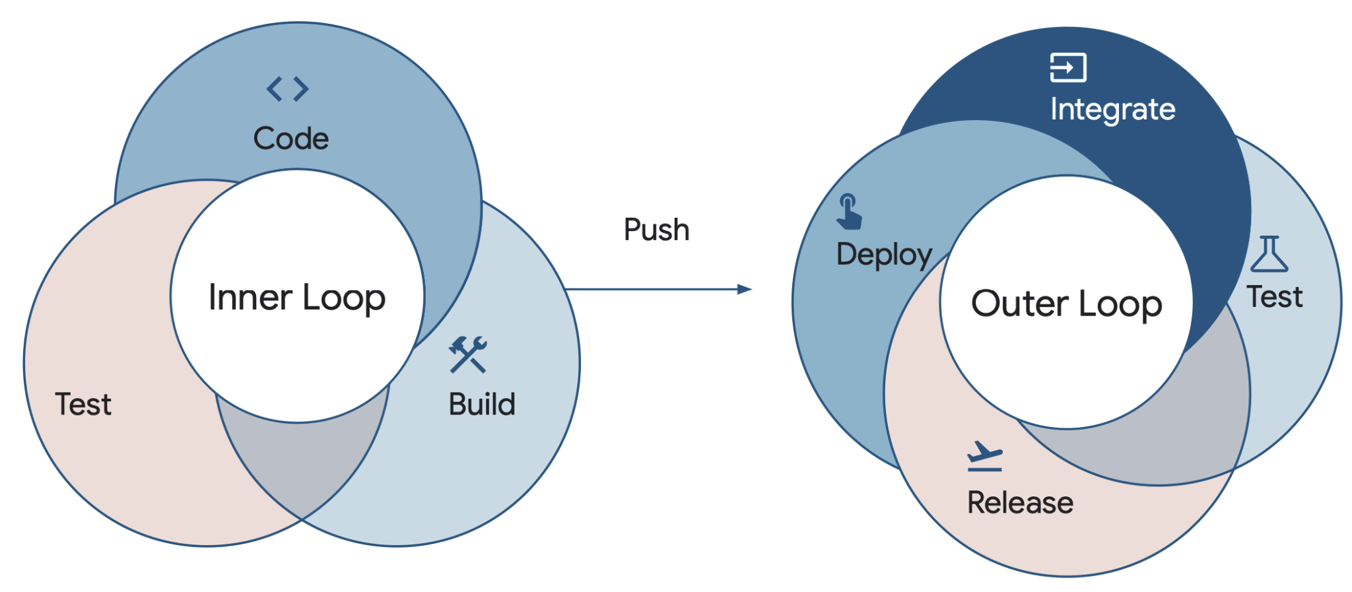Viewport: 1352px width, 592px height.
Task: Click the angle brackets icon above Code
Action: (287, 89)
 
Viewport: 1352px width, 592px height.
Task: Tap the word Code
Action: (290, 139)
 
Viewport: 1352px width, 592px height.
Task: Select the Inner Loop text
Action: (297, 298)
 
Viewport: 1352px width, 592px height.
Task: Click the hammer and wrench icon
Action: (467, 354)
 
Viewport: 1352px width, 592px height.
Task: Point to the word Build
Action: (482, 405)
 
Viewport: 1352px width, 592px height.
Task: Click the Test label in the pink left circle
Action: (83, 405)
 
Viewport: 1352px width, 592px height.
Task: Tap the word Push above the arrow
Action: (656, 230)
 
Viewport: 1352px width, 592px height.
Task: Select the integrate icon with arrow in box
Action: (1067, 67)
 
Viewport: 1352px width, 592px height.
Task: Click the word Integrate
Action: (1112, 110)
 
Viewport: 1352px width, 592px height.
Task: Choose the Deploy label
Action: (884, 255)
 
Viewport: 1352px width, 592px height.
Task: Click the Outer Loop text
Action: (1066, 304)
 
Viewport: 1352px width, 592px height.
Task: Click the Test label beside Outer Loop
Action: (1274, 297)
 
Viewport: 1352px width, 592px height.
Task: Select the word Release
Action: (1020, 503)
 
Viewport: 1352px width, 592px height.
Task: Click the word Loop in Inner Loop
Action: (344, 298)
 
